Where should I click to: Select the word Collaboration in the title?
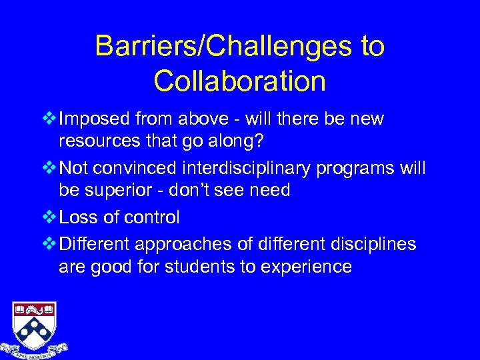[x=239, y=81]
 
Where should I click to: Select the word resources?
[x=100, y=142]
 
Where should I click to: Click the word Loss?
[x=77, y=218]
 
